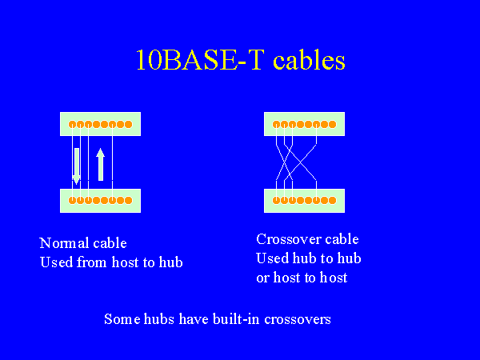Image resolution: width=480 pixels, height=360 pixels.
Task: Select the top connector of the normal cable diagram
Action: point(101,124)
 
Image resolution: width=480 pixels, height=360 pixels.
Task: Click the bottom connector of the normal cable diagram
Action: point(101,200)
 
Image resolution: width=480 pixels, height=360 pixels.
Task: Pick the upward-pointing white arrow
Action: point(101,163)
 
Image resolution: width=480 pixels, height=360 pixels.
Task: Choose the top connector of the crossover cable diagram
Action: point(305,124)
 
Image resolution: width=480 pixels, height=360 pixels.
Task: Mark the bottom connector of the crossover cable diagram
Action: point(305,200)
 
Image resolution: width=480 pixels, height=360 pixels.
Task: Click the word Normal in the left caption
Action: point(63,243)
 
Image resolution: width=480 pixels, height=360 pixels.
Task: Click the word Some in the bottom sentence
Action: point(121,318)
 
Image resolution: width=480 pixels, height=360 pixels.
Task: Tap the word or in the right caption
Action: point(263,278)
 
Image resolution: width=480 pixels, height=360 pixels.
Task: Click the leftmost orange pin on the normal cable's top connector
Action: point(73,124)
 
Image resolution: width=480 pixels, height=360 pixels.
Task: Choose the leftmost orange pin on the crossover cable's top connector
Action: point(277,124)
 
